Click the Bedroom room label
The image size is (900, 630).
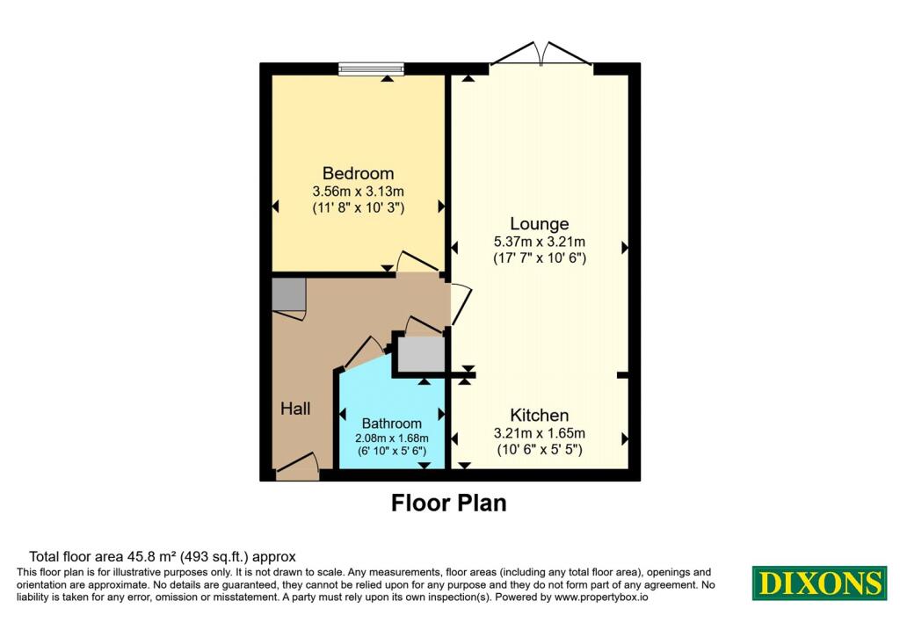click(359, 173)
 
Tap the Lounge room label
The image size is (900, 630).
click(540, 224)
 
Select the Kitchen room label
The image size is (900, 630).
click(540, 415)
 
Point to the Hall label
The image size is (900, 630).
click(295, 409)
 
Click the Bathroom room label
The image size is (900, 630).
click(391, 424)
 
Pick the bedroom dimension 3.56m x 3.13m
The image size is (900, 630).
click(359, 191)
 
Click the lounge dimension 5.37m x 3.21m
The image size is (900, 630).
click(540, 242)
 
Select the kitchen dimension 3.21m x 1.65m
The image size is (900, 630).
click(540, 433)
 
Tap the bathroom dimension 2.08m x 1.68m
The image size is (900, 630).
click(391, 438)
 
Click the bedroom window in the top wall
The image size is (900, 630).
click(371, 69)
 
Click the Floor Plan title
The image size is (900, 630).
click(449, 503)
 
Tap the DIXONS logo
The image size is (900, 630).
click(820, 583)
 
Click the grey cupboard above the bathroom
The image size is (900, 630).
click(422, 354)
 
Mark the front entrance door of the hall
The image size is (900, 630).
click(297, 467)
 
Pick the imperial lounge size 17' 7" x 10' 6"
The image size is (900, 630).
click(540, 258)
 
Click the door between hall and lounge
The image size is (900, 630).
click(461, 305)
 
